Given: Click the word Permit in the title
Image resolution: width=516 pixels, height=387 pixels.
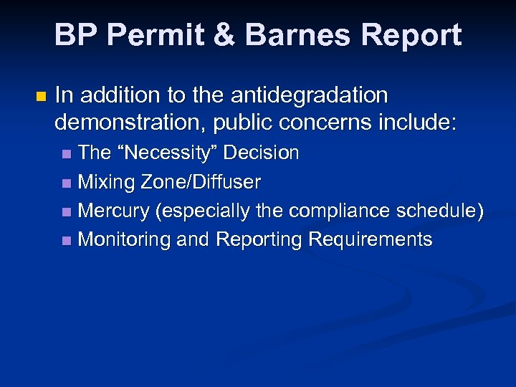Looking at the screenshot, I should click(150, 35).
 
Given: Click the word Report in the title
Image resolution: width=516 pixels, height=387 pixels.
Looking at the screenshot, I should click(413, 35).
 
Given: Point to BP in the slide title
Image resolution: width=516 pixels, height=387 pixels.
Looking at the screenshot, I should click(74, 35).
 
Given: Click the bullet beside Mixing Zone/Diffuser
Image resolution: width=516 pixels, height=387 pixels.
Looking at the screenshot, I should click(67, 183).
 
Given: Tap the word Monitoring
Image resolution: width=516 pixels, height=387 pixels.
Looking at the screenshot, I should click(124, 239).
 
